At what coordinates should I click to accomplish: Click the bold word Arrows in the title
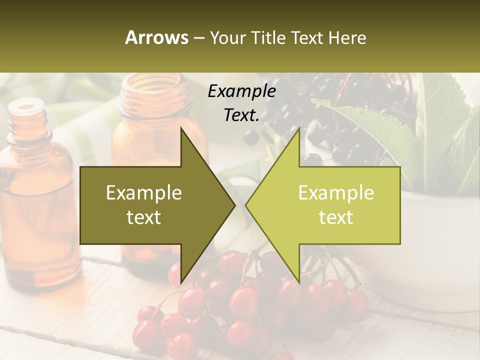pos(156,37)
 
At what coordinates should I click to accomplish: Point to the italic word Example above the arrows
pos(241,91)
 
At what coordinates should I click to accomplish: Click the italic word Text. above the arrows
pos(241,115)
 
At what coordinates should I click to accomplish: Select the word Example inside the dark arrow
pos(144,193)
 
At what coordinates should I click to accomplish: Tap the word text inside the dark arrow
pos(144,217)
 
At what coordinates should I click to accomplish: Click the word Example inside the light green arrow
pos(336,193)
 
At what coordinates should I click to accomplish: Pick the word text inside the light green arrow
pos(336,217)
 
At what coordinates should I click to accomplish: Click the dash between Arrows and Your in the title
pos(198,38)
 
